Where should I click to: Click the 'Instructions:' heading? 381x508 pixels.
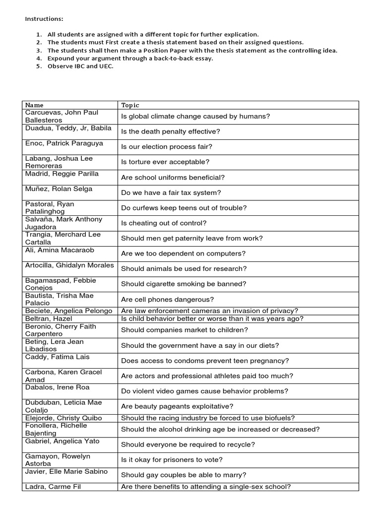pyautogui.click(x=44, y=19)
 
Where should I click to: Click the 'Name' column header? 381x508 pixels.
pyautogui.click(x=34, y=105)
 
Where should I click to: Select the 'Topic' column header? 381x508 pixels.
pyautogui.click(x=130, y=105)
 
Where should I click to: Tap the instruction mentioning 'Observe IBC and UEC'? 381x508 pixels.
pyautogui.click(x=80, y=66)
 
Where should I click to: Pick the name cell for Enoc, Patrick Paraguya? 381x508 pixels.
pyautogui.click(x=64, y=143)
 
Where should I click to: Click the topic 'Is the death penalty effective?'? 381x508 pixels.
pyautogui.click(x=170, y=131)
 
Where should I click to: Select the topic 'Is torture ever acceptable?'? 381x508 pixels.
pyautogui.click(x=165, y=162)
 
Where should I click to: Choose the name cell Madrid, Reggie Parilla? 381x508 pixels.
pyautogui.click(x=62, y=174)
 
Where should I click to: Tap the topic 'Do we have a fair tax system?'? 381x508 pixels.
pyautogui.click(x=171, y=192)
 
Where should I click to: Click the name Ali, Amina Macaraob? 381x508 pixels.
pyautogui.click(x=59, y=250)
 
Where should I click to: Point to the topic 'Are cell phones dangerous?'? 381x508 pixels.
pyautogui.click(x=167, y=299)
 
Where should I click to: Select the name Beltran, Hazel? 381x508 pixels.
pyautogui.click(x=49, y=318)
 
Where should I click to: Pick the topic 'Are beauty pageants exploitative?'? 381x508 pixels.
pyautogui.click(x=177, y=406)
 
